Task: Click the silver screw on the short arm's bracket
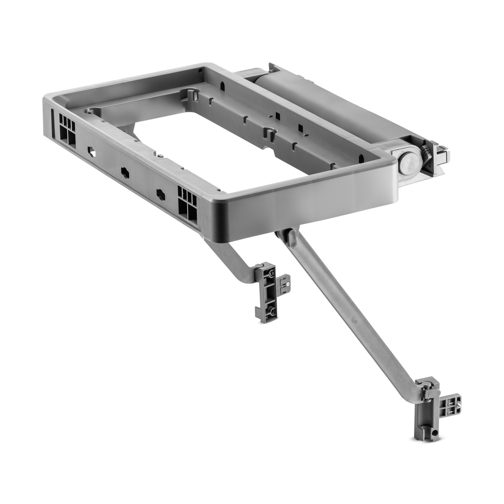pos(288,285)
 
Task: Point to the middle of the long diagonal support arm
pos(353,315)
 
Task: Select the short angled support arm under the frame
pos(230,258)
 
